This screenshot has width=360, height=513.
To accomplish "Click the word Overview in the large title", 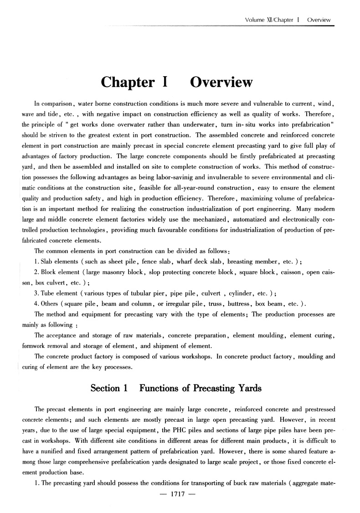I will click(x=221, y=82).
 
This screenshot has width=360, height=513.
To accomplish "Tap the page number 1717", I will click(x=176, y=503).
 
